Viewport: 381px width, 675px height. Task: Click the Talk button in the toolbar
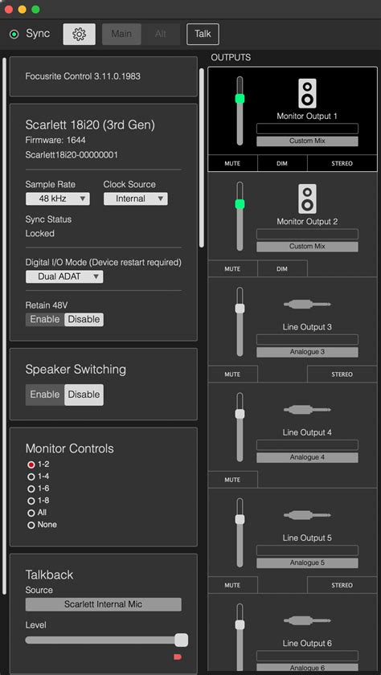coord(203,34)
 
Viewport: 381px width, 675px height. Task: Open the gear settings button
coord(79,34)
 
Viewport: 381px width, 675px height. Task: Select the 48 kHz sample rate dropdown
coord(57,198)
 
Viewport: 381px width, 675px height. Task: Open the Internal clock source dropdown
coord(135,198)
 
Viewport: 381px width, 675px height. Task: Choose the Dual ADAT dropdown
coord(64,276)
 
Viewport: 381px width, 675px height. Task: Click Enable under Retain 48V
coord(44,319)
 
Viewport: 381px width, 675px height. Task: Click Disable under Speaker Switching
coord(84,395)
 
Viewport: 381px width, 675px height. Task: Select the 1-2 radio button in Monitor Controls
coord(31,464)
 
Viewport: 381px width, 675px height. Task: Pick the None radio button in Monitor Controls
coord(31,525)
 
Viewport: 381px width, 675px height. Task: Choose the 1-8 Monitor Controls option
coord(31,501)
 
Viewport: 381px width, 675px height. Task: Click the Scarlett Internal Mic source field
coord(103,604)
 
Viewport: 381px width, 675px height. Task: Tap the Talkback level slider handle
coord(182,640)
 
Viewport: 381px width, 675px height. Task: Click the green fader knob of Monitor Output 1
coord(239,98)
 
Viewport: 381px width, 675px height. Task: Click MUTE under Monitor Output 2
coord(232,268)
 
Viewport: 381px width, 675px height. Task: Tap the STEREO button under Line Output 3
coord(342,374)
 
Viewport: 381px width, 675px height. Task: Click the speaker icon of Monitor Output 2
coord(307,198)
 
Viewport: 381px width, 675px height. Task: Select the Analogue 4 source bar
coord(307,457)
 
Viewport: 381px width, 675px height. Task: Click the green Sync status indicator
coord(14,35)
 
